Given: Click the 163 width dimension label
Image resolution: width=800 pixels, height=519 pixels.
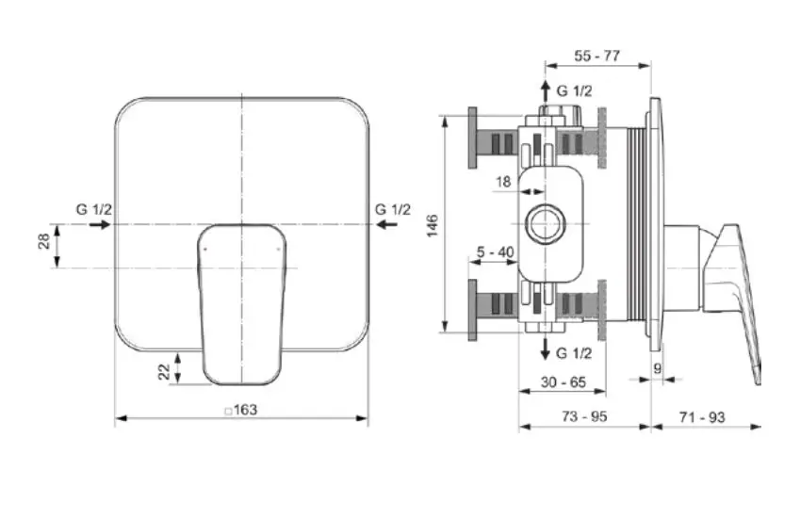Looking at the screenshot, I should (x=245, y=410).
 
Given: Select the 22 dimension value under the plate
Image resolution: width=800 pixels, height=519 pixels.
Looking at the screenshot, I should (x=165, y=371).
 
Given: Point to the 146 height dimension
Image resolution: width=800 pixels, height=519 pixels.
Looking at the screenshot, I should (x=433, y=225).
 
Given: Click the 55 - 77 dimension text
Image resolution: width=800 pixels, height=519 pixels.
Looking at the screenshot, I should (x=596, y=56).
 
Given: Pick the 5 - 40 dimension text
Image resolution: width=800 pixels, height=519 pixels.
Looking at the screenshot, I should (x=495, y=251).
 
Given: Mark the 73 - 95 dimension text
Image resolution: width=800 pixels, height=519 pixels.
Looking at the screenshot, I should (x=583, y=415).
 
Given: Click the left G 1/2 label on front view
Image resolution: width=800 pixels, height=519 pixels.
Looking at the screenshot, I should (x=94, y=209).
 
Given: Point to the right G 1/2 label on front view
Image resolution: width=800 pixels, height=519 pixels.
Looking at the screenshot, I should (x=392, y=209).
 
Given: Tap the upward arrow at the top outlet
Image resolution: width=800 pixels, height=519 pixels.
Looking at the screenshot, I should (x=546, y=90).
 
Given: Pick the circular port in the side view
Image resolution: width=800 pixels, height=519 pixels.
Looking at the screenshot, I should (x=544, y=224).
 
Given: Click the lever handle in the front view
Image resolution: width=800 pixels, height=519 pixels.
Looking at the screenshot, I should (x=241, y=301).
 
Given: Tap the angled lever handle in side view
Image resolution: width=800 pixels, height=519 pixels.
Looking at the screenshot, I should (x=743, y=301).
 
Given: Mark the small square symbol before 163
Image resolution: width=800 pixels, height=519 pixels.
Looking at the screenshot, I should (x=227, y=411).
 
